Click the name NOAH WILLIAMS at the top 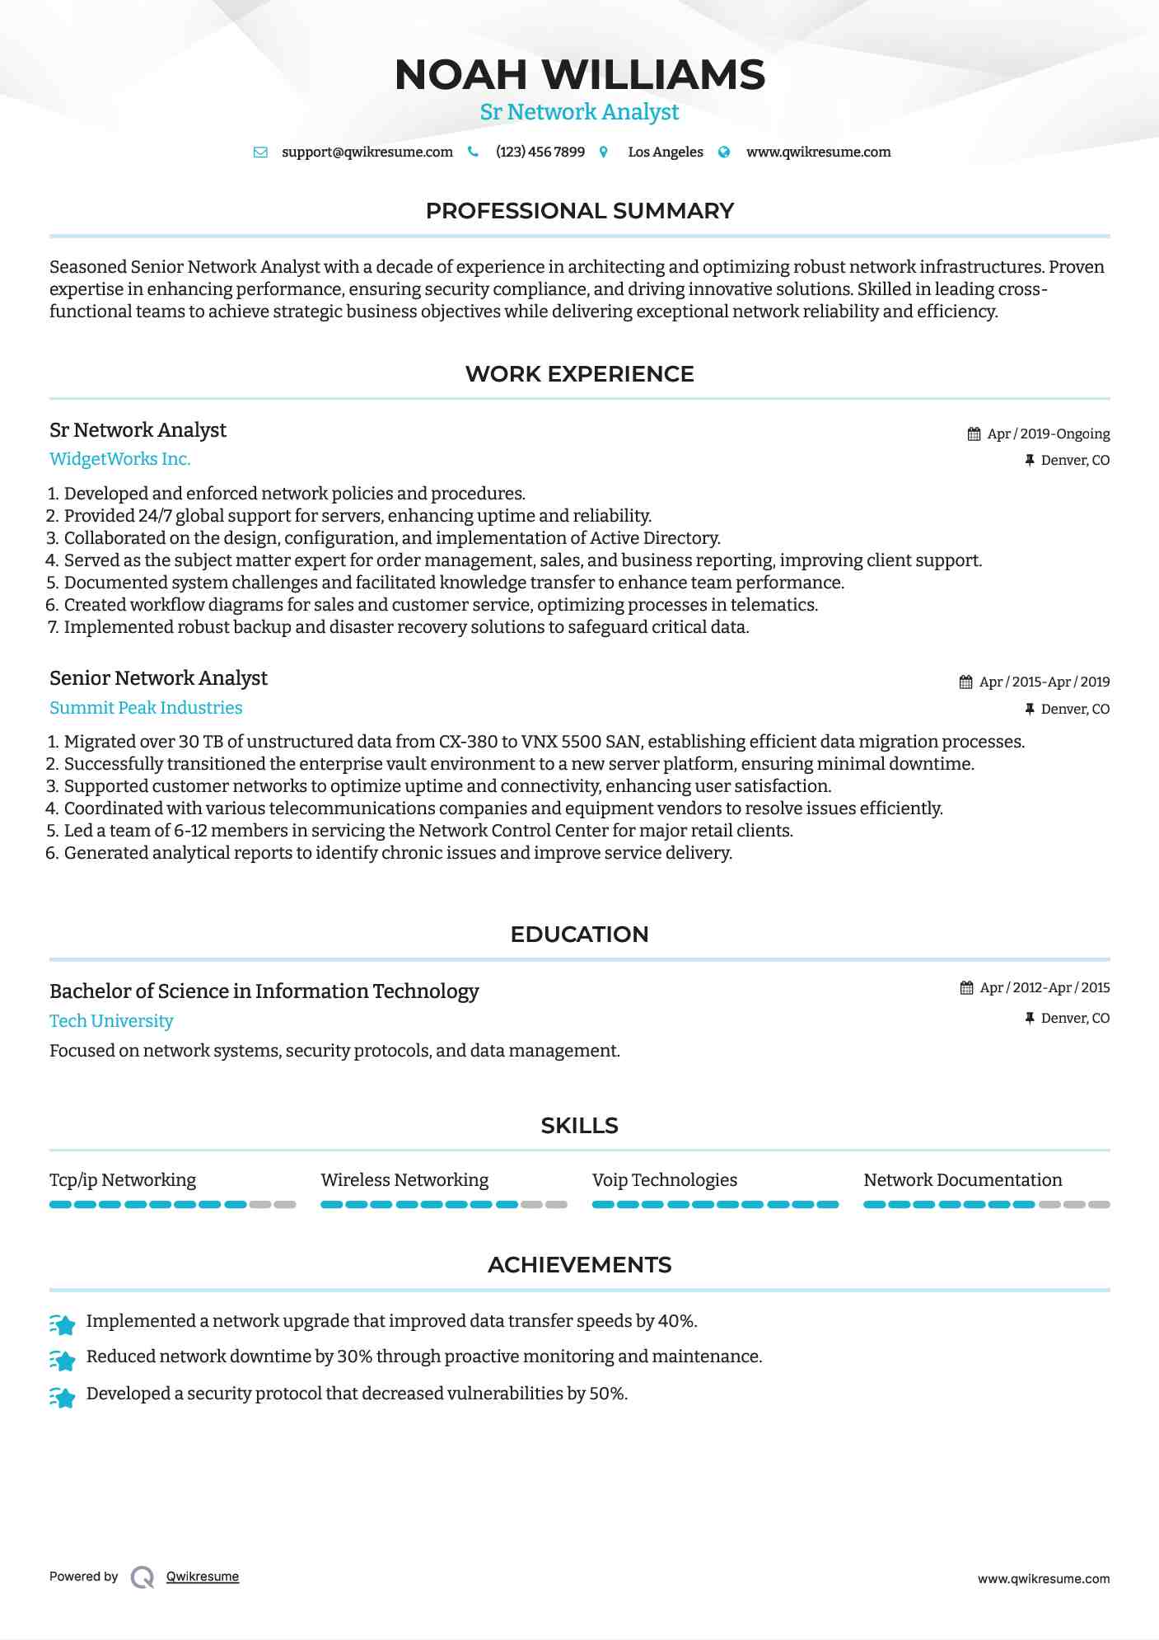click(579, 75)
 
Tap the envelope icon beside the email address click(260, 152)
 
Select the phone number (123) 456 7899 click(540, 152)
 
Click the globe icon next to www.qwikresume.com click(724, 152)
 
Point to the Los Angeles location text click(665, 152)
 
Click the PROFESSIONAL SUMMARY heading click(579, 211)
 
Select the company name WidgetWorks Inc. click(119, 459)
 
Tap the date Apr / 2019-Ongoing click(1048, 434)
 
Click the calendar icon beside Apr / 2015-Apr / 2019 click(966, 682)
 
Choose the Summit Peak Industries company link click(146, 708)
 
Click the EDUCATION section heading click(579, 935)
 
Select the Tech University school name click(111, 1021)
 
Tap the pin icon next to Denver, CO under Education click(1030, 1019)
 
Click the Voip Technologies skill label click(664, 1180)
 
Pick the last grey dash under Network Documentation click(1099, 1205)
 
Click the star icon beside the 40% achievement click(63, 1324)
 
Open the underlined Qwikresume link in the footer click(203, 1577)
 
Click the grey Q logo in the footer click(143, 1577)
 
